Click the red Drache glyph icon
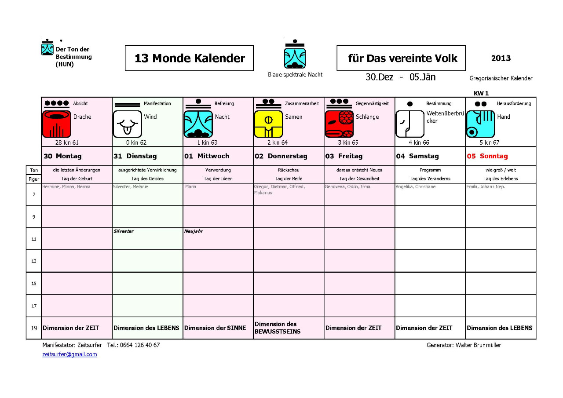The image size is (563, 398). (x=56, y=124)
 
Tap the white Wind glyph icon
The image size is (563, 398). (x=127, y=124)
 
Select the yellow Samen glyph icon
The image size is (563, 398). (x=268, y=124)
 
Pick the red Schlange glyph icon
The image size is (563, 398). (x=339, y=124)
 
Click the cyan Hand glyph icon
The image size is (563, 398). (x=480, y=124)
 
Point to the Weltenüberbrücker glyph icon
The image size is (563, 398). (x=409, y=124)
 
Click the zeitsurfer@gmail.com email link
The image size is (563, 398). (x=69, y=354)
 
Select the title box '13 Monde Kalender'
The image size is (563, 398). (x=189, y=58)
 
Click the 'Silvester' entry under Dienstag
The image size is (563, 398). (x=124, y=231)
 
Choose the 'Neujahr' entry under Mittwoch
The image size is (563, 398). (x=194, y=231)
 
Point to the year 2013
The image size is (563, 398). (x=501, y=58)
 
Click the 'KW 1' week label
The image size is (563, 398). (x=481, y=93)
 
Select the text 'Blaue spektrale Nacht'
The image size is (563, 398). (x=295, y=75)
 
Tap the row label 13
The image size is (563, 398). (x=34, y=261)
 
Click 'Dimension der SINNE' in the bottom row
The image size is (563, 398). (x=215, y=328)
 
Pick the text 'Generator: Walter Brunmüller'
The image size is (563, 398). (x=464, y=345)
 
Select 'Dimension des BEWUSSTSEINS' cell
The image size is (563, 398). (x=278, y=328)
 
